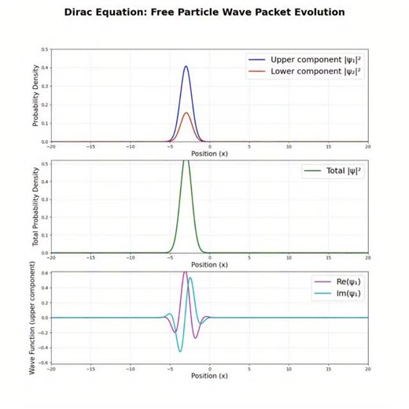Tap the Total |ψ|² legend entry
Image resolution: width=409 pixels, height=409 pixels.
333,171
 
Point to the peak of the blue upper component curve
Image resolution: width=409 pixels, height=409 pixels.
186,66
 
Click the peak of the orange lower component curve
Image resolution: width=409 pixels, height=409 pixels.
186,112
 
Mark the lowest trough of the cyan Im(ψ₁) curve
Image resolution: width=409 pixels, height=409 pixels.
180,351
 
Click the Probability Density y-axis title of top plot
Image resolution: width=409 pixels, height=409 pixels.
36,95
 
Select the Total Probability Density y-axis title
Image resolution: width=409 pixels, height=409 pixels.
36,207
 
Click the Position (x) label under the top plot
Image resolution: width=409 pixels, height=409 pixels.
209,153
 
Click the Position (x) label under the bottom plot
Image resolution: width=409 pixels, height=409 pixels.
209,376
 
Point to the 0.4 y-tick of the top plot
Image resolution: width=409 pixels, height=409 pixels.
44,68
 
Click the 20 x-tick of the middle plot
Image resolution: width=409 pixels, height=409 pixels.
367,257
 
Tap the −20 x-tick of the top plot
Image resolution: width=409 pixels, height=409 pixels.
51,146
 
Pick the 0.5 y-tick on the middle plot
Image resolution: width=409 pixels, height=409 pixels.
44,163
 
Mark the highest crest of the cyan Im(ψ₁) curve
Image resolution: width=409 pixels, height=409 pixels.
190,278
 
